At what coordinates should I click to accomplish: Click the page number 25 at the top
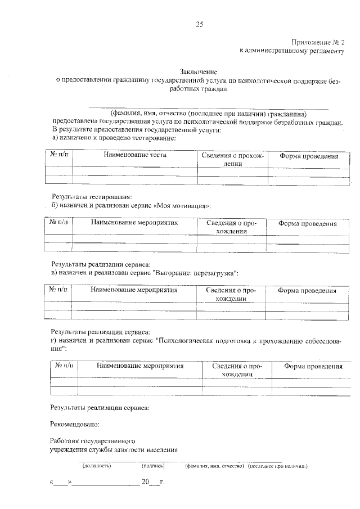tap(199, 24)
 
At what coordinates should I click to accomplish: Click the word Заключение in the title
tap(198, 71)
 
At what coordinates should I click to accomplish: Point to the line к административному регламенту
tap(291, 51)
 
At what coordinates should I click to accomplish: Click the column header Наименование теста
tap(135, 155)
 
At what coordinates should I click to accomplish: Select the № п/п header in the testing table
tap(58, 155)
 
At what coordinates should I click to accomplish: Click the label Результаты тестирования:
tap(92, 197)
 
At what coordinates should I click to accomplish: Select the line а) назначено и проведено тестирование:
tap(114, 137)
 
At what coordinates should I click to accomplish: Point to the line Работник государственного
tap(93, 441)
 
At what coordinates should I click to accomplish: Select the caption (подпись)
tap(153, 466)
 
